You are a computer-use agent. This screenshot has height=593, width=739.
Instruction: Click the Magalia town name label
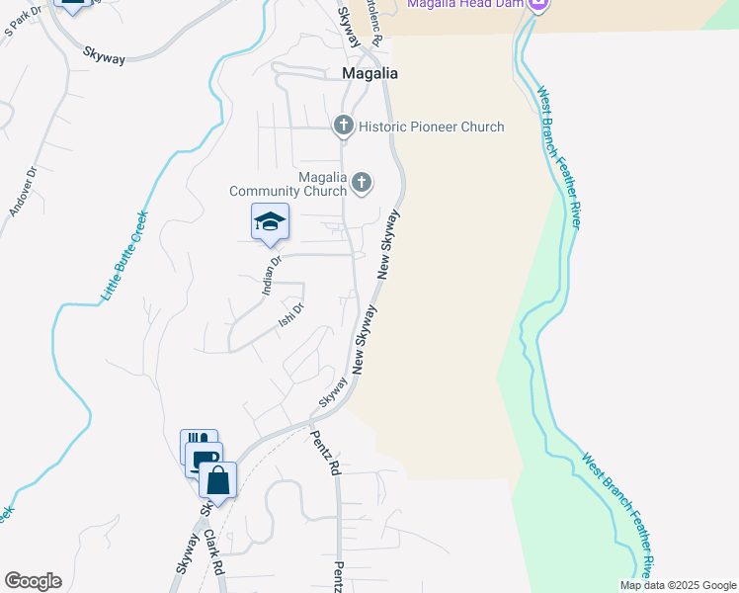(x=369, y=73)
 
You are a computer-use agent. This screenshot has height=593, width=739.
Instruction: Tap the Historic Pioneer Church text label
(x=431, y=127)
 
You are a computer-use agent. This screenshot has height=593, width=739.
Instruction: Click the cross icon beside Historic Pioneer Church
(x=343, y=126)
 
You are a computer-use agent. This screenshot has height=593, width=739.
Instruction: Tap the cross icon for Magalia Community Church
(x=363, y=182)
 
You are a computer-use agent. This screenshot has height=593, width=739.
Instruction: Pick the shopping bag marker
(x=218, y=481)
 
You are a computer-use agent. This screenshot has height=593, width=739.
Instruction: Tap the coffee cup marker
(x=205, y=459)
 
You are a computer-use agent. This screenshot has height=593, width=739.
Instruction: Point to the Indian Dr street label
(x=273, y=277)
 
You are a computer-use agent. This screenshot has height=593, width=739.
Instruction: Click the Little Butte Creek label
(x=124, y=256)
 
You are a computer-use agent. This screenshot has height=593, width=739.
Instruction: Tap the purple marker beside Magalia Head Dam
(x=538, y=5)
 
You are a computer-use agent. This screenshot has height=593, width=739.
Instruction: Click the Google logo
(x=33, y=581)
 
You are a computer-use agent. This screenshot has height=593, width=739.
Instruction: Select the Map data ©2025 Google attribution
(x=678, y=585)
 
